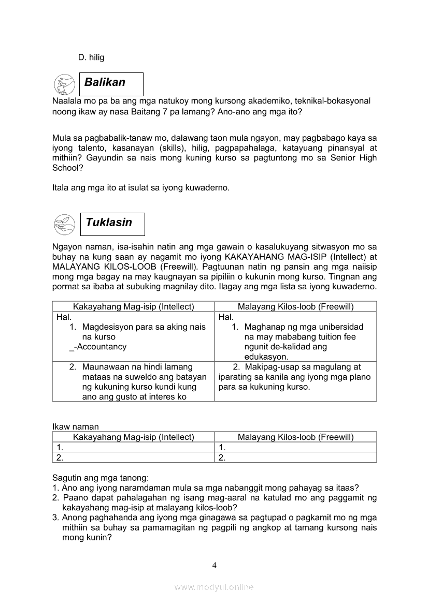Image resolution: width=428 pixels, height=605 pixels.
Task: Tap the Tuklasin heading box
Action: click(112, 224)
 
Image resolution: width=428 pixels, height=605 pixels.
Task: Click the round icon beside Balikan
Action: click(64, 84)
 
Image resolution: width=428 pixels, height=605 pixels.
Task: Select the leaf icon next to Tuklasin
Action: click(64, 224)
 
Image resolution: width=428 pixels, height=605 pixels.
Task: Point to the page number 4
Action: click(214, 565)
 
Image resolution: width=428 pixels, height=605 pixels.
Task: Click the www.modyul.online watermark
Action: click(214, 587)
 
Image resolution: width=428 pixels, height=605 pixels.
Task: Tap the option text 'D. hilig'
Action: click(91, 57)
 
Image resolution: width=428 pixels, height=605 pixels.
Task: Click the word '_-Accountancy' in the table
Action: click(97, 347)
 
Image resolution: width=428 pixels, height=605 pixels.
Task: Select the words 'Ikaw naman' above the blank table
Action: click(75, 426)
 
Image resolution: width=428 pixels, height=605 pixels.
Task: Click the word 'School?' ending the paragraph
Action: click(67, 168)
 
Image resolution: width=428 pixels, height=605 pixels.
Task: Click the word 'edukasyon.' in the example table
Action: click(266, 357)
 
